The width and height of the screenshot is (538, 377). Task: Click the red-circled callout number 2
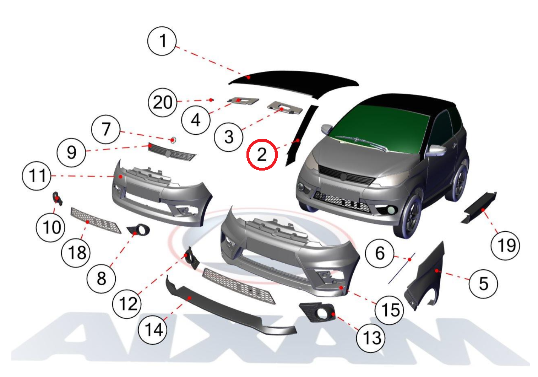262,155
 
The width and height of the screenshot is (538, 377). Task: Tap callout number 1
162,41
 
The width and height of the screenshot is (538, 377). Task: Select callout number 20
163,102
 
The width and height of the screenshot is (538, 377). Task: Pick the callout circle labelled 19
505,246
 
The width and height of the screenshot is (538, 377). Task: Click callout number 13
371,338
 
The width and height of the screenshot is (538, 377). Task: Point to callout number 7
106,129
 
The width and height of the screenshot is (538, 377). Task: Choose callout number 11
37,176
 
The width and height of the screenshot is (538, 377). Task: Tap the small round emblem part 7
173,140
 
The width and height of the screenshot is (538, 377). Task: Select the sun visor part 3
285,108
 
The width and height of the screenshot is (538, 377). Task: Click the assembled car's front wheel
408,216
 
